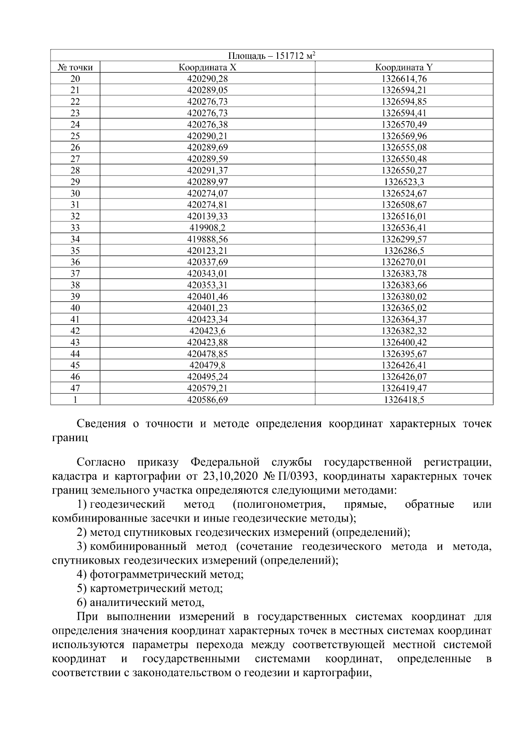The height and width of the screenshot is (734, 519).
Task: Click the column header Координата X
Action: coord(207,67)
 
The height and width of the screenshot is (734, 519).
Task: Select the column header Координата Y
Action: coord(404,67)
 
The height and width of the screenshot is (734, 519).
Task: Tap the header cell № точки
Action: coord(75,67)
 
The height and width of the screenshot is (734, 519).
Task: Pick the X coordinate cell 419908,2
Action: coord(207,228)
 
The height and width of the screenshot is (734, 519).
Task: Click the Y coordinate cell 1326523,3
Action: coord(404,182)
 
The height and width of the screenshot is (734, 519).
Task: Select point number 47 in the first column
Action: coord(75,388)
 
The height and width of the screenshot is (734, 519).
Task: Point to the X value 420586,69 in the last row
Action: coord(207,400)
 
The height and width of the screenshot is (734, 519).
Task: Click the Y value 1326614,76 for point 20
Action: coord(404,79)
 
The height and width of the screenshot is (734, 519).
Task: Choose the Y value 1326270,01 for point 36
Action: coord(404,262)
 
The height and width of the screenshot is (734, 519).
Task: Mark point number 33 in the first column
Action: coord(75,228)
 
